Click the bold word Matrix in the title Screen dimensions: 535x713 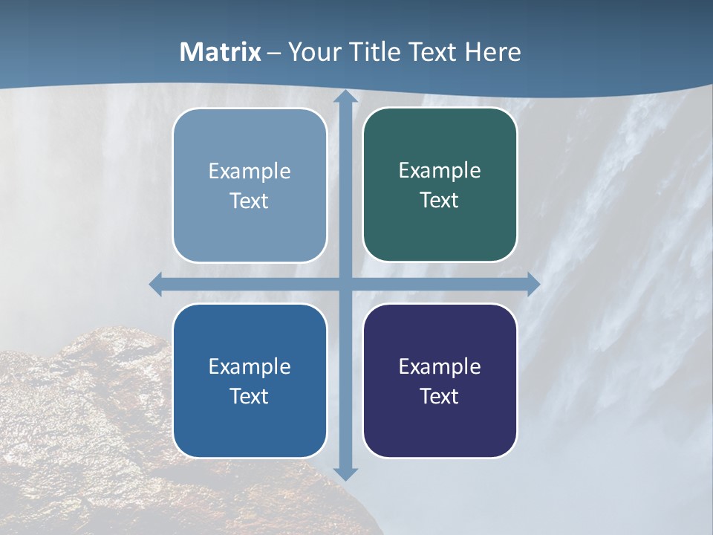tap(221, 52)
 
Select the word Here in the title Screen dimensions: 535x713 tap(493, 52)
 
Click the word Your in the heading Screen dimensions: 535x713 tap(314, 52)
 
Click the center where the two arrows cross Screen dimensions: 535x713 tap(345, 285)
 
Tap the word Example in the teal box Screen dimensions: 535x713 tap(440, 171)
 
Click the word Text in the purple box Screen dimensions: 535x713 tap(440, 396)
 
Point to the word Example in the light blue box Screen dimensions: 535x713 tap(250, 171)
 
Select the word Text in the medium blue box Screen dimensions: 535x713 tap(250, 396)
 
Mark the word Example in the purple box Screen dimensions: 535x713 tap(440, 366)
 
